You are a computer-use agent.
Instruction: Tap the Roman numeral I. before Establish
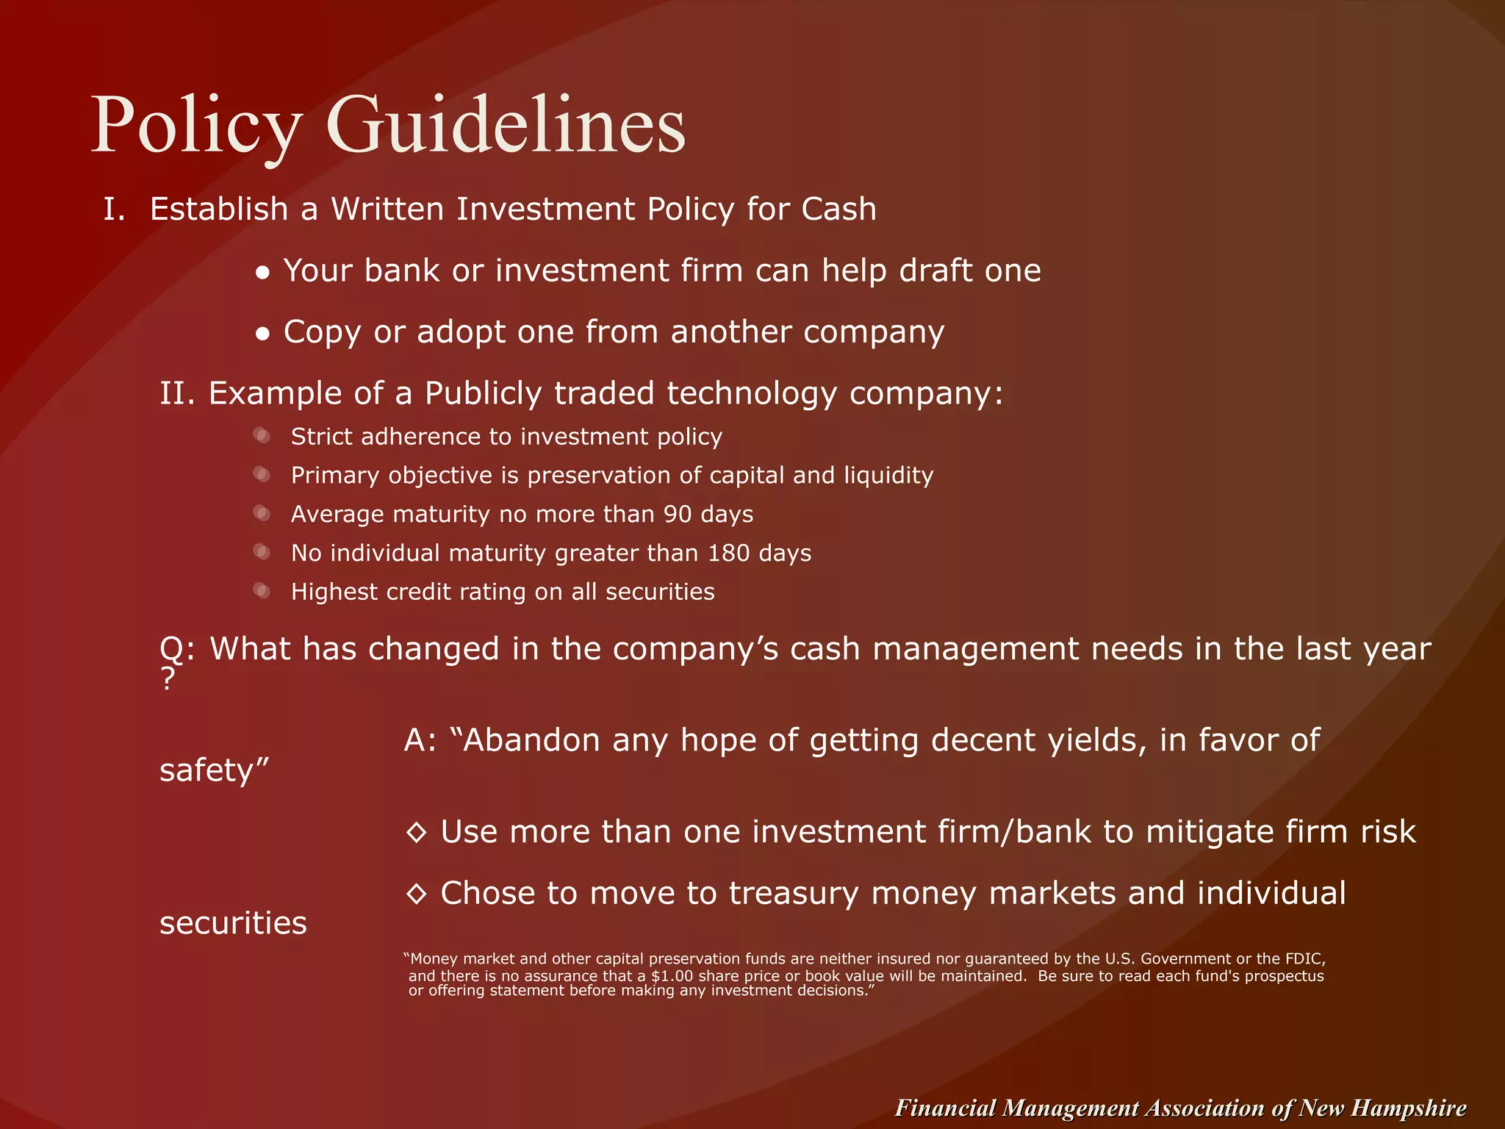click(115, 209)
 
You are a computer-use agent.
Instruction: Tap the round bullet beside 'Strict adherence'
click(262, 436)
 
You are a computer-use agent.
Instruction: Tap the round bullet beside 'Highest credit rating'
click(262, 590)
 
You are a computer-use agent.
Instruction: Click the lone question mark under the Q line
click(168, 678)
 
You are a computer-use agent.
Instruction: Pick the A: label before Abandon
click(420, 740)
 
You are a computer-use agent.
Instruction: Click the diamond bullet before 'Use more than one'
click(416, 833)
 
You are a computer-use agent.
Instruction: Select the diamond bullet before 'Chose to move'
click(416, 894)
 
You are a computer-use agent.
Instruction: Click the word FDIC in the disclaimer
click(1304, 959)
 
